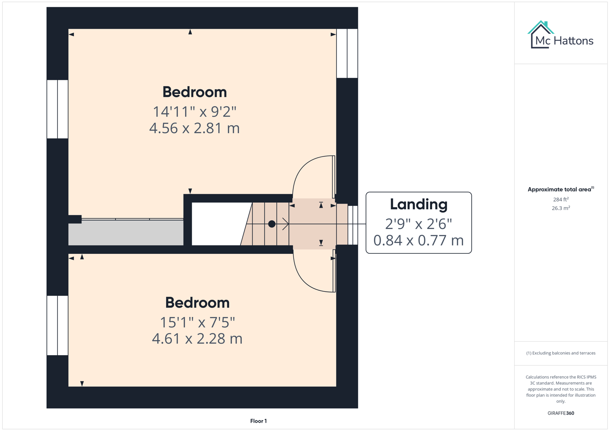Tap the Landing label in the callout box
418,204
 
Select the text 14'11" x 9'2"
195,111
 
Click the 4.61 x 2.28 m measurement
197,338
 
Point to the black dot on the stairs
272,224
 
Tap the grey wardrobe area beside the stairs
125,233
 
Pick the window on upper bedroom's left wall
58,109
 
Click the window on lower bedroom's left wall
58,325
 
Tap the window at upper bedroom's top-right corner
347,53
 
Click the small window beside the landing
352,225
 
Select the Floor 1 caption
258,421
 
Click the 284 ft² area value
560,200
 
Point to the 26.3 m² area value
560,208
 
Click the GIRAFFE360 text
560,413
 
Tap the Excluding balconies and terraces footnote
560,353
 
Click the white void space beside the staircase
218,224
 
